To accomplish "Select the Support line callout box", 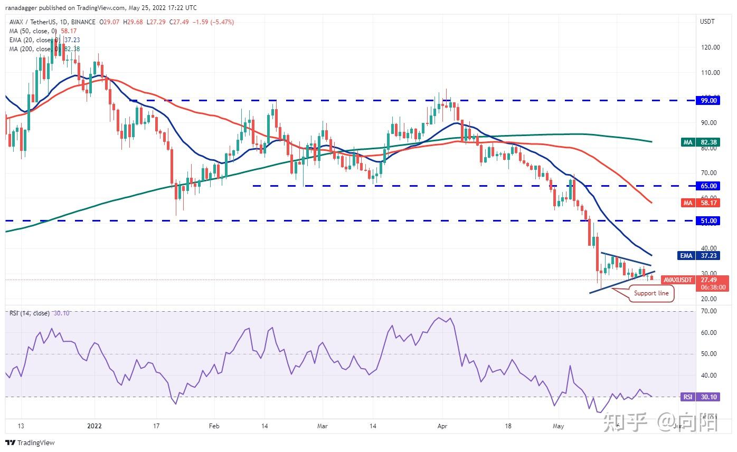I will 651,293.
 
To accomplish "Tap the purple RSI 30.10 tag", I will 701,397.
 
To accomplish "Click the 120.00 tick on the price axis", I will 710,47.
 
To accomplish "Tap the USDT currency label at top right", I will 707,22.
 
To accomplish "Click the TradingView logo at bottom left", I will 30,443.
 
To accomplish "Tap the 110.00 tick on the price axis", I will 710,73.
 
